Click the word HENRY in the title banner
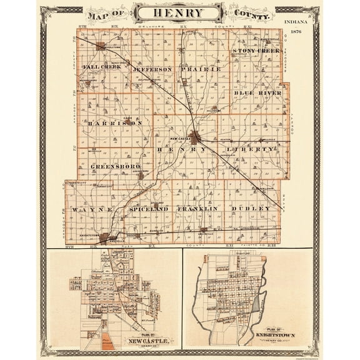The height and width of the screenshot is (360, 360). (179, 12)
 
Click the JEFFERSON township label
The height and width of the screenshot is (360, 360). (152, 69)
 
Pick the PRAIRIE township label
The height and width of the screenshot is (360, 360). (200, 68)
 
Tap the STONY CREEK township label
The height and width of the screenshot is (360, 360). (255, 50)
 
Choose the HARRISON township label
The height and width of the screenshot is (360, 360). (115, 123)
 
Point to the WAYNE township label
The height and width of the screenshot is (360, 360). (92, 209)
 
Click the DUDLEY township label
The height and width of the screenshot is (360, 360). (251, 208)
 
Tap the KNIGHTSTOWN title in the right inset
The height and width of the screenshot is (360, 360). (275, 336)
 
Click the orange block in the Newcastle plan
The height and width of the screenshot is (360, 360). (108, 341)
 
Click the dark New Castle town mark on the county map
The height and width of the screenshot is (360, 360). (196, 136)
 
